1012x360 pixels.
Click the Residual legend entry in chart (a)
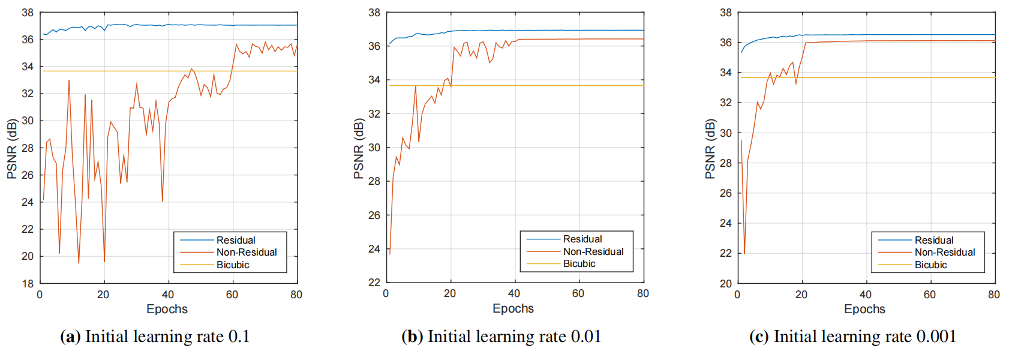(236, 240)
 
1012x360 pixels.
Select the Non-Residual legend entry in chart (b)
(593, 251)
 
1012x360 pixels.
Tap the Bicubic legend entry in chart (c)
(930, 265)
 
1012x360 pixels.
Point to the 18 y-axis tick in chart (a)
(28, 283)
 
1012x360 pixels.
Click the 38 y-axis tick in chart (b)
(374, 13)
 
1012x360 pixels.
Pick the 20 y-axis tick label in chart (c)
(726, 283)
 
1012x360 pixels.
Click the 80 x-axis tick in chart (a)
(296, 295)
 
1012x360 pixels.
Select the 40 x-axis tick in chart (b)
(514, 293)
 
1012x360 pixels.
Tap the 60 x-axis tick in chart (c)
(929, 295)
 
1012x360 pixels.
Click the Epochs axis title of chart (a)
(167, 309)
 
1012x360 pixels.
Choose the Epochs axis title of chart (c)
(864, 309)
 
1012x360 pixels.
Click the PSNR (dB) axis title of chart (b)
(359, 148)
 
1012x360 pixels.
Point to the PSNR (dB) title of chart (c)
(710, 149)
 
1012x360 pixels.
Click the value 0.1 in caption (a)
(239, 337)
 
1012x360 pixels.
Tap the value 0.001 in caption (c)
(936, 337)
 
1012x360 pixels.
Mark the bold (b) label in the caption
(412, 337)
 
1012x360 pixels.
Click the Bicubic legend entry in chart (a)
(233, 265)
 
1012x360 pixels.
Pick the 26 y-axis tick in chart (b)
(374, 215)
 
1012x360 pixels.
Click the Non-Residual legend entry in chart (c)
(944, 252)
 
